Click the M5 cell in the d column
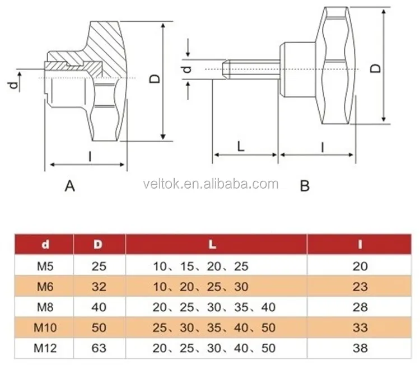45,266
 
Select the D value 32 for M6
99,287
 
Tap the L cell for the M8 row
214,307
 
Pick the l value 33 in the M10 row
360,328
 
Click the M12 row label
45,348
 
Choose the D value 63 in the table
99,348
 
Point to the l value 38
360,348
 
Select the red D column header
98,244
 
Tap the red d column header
45,244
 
